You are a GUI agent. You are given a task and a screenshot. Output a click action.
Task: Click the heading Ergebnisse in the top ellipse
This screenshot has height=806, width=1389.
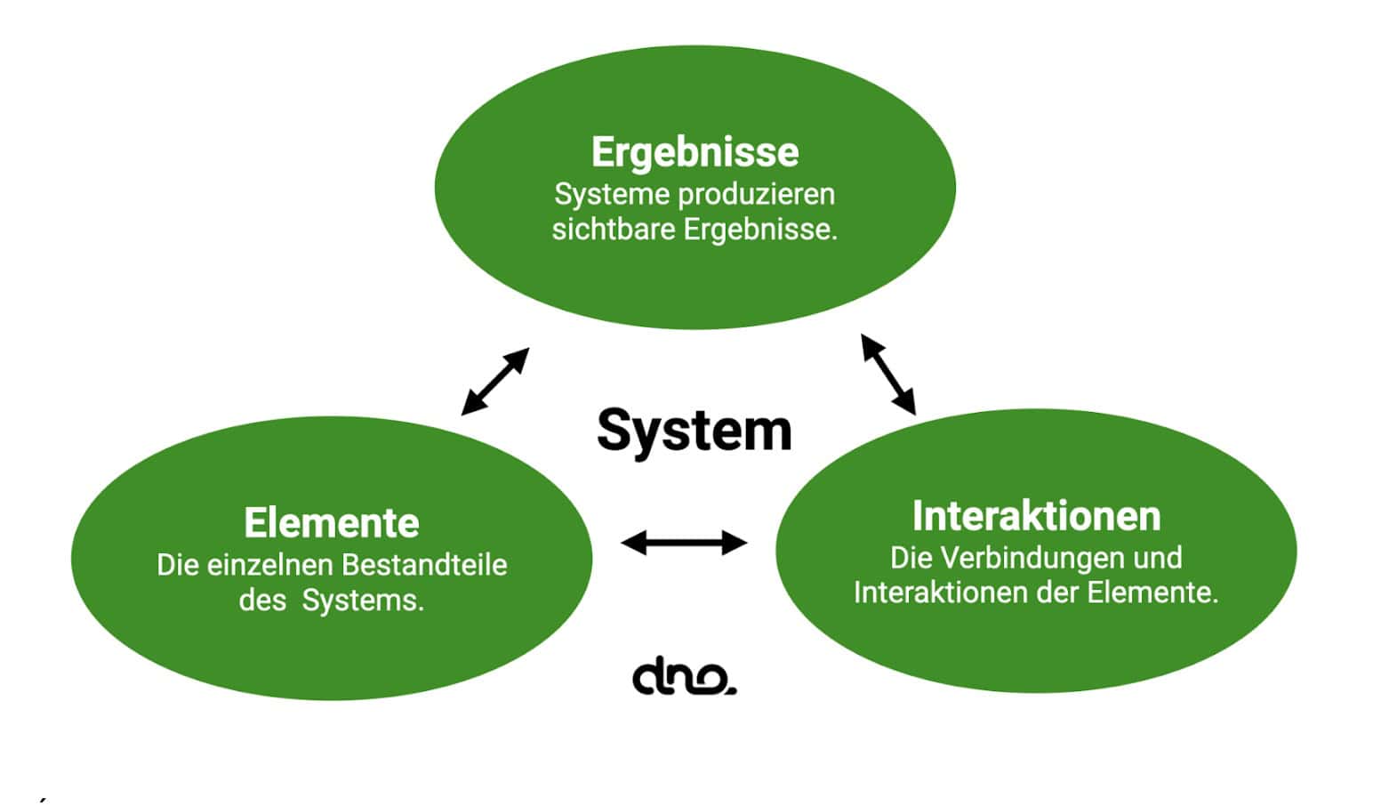pyautogui.click(x=694, y=152)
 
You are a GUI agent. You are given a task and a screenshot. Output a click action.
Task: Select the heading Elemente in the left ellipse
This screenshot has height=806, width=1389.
pyautogui.click(x=332, y=523)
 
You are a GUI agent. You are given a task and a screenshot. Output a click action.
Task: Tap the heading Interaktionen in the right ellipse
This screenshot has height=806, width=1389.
pyautogui.click(x=1036, y=516)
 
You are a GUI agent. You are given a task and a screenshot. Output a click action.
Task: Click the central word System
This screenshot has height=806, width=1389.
pyautogui.click(x=694, y=431)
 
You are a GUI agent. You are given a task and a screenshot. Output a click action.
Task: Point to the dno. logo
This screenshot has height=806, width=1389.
pyautogui.click(x=684, y=677)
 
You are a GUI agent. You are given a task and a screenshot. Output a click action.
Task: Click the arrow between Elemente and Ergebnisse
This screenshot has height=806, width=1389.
pyautogui.click(x=495, y=381)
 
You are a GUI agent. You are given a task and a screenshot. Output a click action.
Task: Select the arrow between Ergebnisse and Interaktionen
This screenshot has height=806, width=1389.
pyautogui.click(x=887, y=375)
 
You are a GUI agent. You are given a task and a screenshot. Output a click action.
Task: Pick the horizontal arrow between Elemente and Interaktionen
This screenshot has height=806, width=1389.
pyautogui.click(x=684, y=542)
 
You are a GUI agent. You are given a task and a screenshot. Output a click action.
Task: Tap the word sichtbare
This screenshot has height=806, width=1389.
pyautogui.click(x=614, y=230)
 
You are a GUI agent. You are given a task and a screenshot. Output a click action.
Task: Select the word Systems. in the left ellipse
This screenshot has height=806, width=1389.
pyautogui.click(x=363, y=601)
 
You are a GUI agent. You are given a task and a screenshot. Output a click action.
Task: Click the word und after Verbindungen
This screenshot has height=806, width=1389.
pyautogui.click(x=1157, y=558)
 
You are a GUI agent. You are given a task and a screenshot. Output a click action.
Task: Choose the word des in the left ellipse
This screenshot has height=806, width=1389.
pyautogui.click(x=261, y=601)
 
